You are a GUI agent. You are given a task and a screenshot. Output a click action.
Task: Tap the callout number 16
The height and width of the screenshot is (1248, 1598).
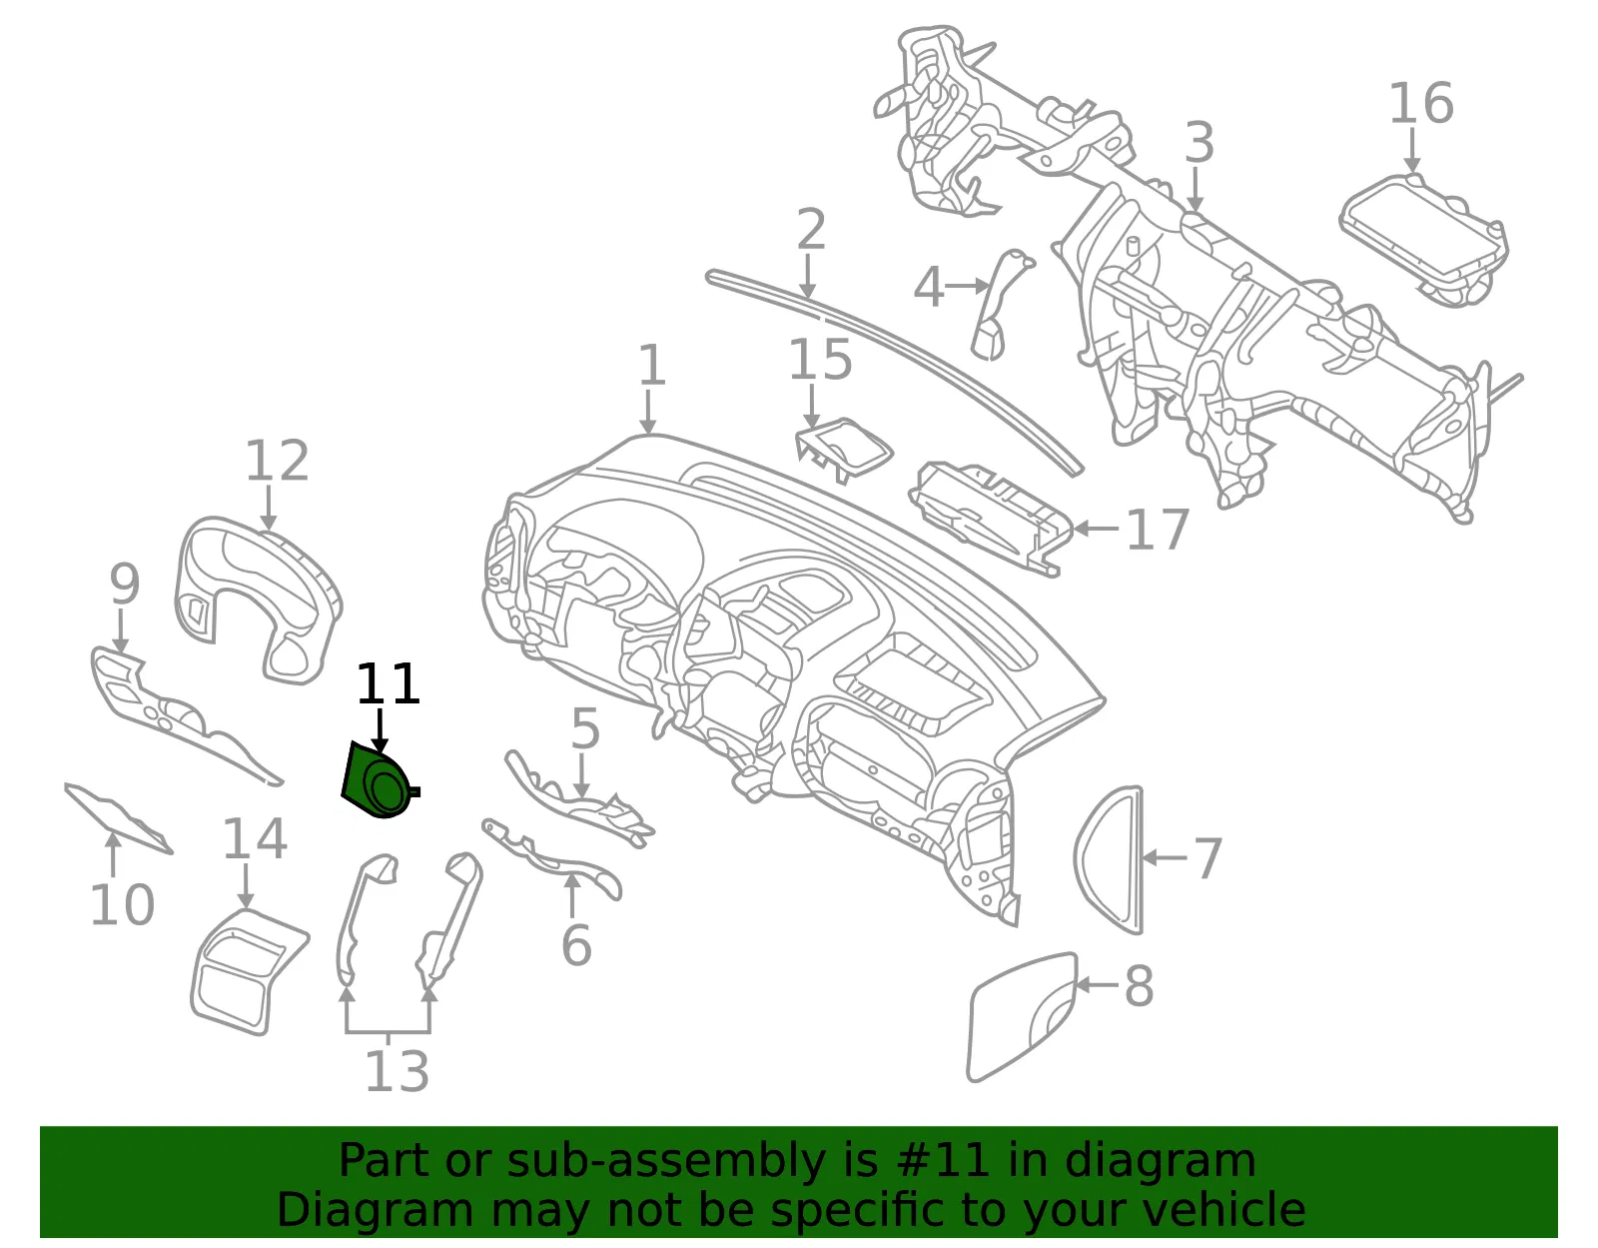point(1421,104)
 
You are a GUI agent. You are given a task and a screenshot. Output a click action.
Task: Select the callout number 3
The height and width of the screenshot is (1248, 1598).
point(1199,143)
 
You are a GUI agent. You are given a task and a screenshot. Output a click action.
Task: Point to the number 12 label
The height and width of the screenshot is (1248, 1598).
point(277,461)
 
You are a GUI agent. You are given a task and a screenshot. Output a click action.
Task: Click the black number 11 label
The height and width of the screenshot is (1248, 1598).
point(389,683)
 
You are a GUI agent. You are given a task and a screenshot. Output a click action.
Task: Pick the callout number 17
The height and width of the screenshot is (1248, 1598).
point(1158,529)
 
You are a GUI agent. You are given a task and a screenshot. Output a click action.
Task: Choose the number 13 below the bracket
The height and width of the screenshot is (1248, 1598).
point(398,1071)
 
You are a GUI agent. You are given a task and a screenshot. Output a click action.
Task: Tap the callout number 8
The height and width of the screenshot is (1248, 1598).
point(1140,986)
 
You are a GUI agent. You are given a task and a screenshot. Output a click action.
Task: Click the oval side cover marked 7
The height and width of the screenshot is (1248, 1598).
point(1110,859)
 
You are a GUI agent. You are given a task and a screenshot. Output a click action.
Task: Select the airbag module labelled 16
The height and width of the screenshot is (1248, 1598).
point(1423,240)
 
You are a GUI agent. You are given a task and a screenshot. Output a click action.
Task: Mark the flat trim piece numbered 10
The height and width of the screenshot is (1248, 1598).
point(118,817)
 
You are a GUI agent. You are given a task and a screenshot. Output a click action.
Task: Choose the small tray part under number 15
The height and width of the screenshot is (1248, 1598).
point(844,450)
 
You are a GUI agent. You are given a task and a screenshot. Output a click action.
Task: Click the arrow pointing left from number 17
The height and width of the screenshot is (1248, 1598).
point(1096,528)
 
